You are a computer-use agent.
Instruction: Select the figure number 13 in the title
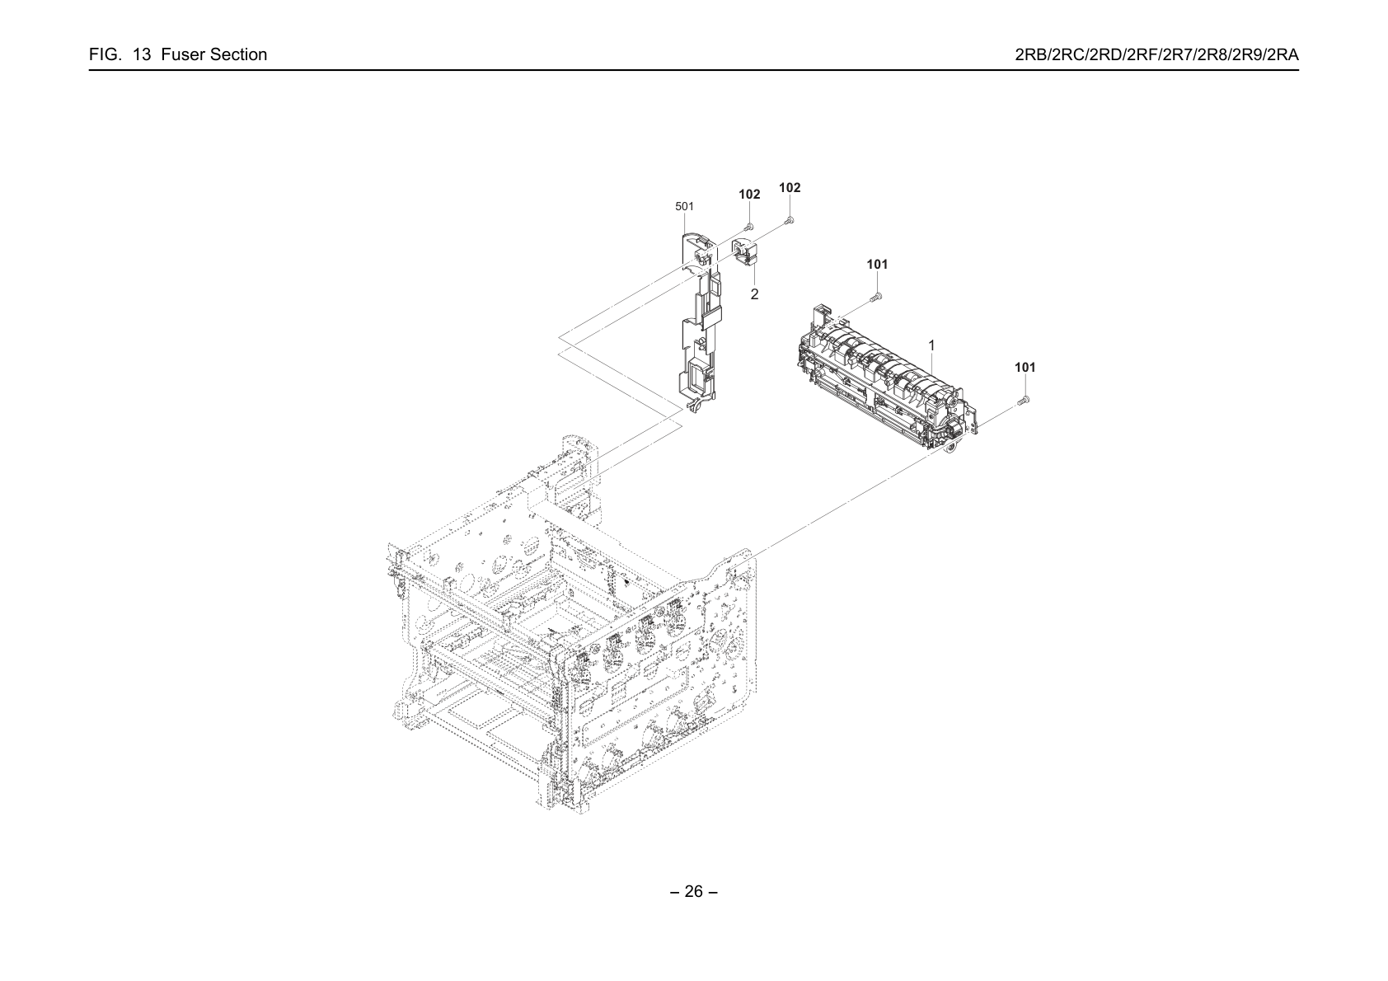click(x=142, y=55)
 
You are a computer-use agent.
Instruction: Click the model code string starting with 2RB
click(x=1156, y=55)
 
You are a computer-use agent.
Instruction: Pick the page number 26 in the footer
click(x=693, y=891)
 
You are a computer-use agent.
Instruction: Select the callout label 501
click(x=684, y=206)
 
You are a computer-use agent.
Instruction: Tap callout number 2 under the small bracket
click(x=754, y=294)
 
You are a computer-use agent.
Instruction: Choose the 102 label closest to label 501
click(x=749, y=195)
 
